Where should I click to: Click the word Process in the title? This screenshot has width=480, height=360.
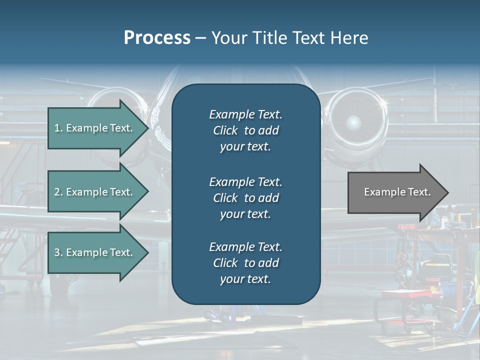pos(157,38)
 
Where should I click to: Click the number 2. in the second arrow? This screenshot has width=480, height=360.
pos(58,192)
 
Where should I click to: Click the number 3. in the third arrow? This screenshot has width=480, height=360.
pos(58,252)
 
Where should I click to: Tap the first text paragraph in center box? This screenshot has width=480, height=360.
pos(245,130)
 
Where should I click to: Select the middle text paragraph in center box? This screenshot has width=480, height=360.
pos(245,198)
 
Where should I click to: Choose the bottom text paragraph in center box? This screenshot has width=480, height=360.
pos(245,263)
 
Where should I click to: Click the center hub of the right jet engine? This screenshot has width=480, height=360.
pos(353,121)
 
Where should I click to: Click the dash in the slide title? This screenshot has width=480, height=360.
pos(201,38)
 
